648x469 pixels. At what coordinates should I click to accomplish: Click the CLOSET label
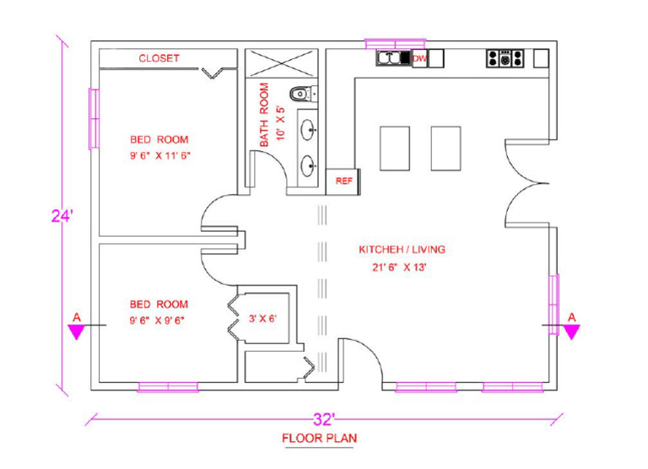coord(159,58)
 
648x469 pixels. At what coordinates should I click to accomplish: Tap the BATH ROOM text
coord(265,116)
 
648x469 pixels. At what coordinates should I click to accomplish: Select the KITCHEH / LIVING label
coord(402,250)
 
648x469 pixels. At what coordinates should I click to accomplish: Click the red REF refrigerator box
coord(343,181)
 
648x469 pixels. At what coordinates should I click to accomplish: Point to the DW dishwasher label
coord(419,58)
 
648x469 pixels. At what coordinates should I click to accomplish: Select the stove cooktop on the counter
coord(505,58)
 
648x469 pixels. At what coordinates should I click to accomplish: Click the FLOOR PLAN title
coord(319,439)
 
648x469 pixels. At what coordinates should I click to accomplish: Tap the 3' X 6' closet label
coord(263,319)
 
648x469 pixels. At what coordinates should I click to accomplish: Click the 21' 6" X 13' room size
coord(402,267)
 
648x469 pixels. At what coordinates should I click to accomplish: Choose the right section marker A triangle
coord(571,330)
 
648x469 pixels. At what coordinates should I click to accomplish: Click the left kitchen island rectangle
coord(394,148)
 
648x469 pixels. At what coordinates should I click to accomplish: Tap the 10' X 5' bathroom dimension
coord(281,116)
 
